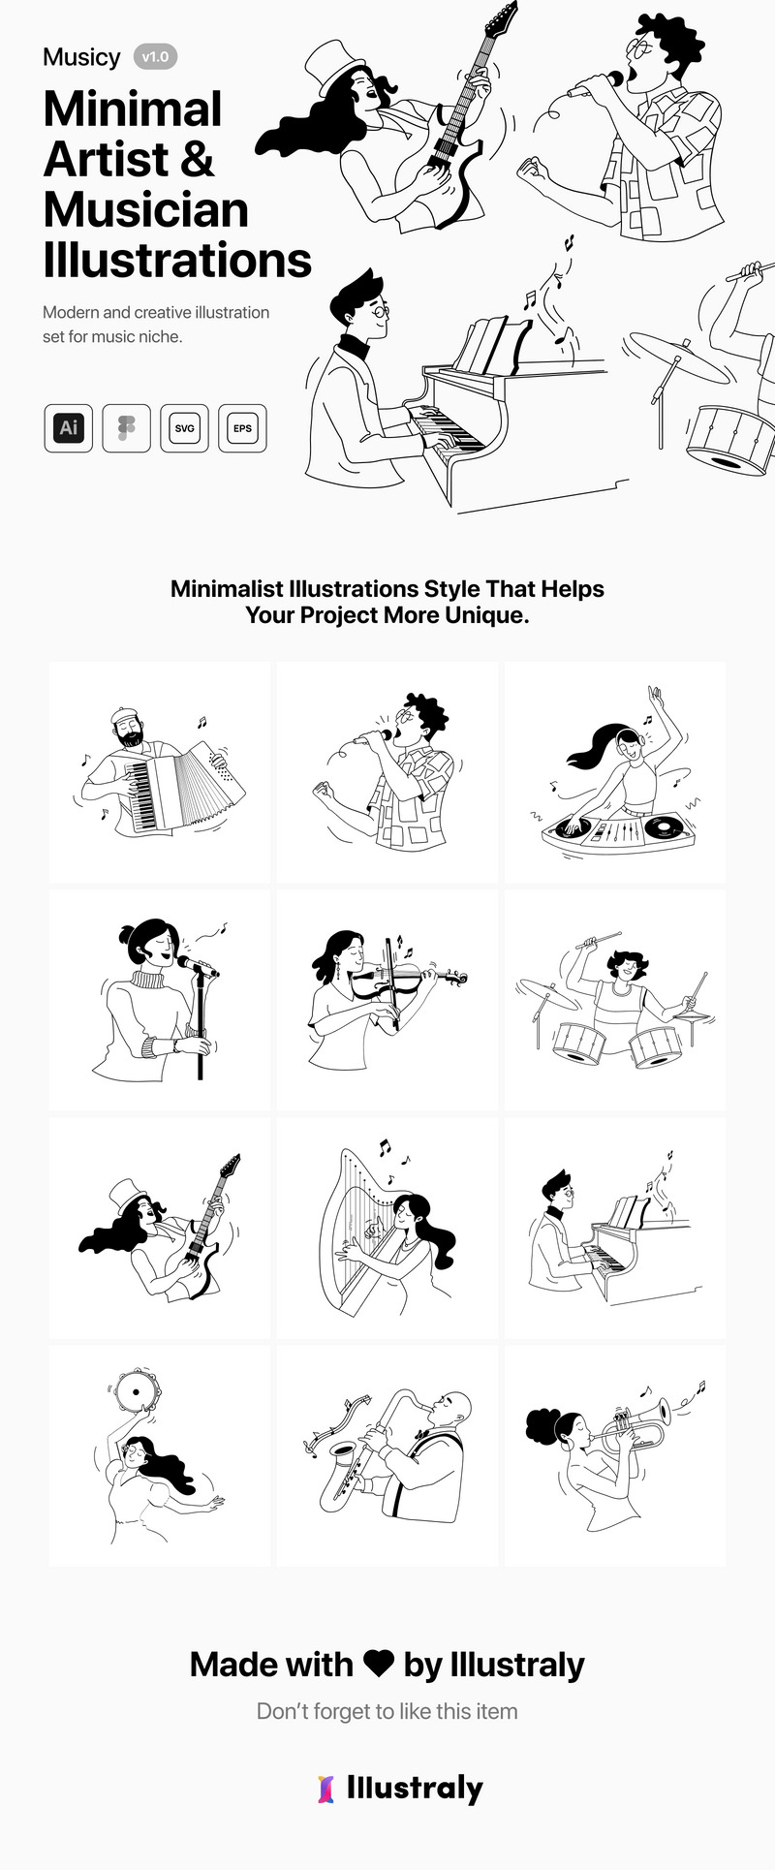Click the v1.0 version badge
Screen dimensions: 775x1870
(x=155, y=57)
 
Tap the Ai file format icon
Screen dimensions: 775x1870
(x=68, y=428)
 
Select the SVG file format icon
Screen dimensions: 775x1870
(x=184, y=428)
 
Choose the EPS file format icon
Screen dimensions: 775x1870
(x=242, y=428)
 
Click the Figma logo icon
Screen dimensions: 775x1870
(x=126, y=428)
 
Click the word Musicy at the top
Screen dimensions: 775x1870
(x=81, y=57)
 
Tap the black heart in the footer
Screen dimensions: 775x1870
(x=378, y=1664)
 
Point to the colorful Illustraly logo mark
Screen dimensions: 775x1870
(x=326, y=1789)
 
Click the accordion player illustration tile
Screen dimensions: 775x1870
(x=160, y=772)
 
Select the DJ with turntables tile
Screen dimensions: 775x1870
(x=615, y=772)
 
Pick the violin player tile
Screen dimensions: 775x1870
(x=387, y=1000)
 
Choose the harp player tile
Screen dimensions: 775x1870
(x=387, y=1229)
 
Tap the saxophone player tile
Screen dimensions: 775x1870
(x=387, y=1455)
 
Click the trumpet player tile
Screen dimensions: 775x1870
(x=615, y=1455)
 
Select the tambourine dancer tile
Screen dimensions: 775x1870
(x=160, y=1455)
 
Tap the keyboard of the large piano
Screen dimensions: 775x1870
(x=445, y=429)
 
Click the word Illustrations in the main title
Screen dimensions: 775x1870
(x=177, y=261)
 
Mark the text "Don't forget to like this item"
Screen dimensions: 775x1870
(x=387, y=1711)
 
